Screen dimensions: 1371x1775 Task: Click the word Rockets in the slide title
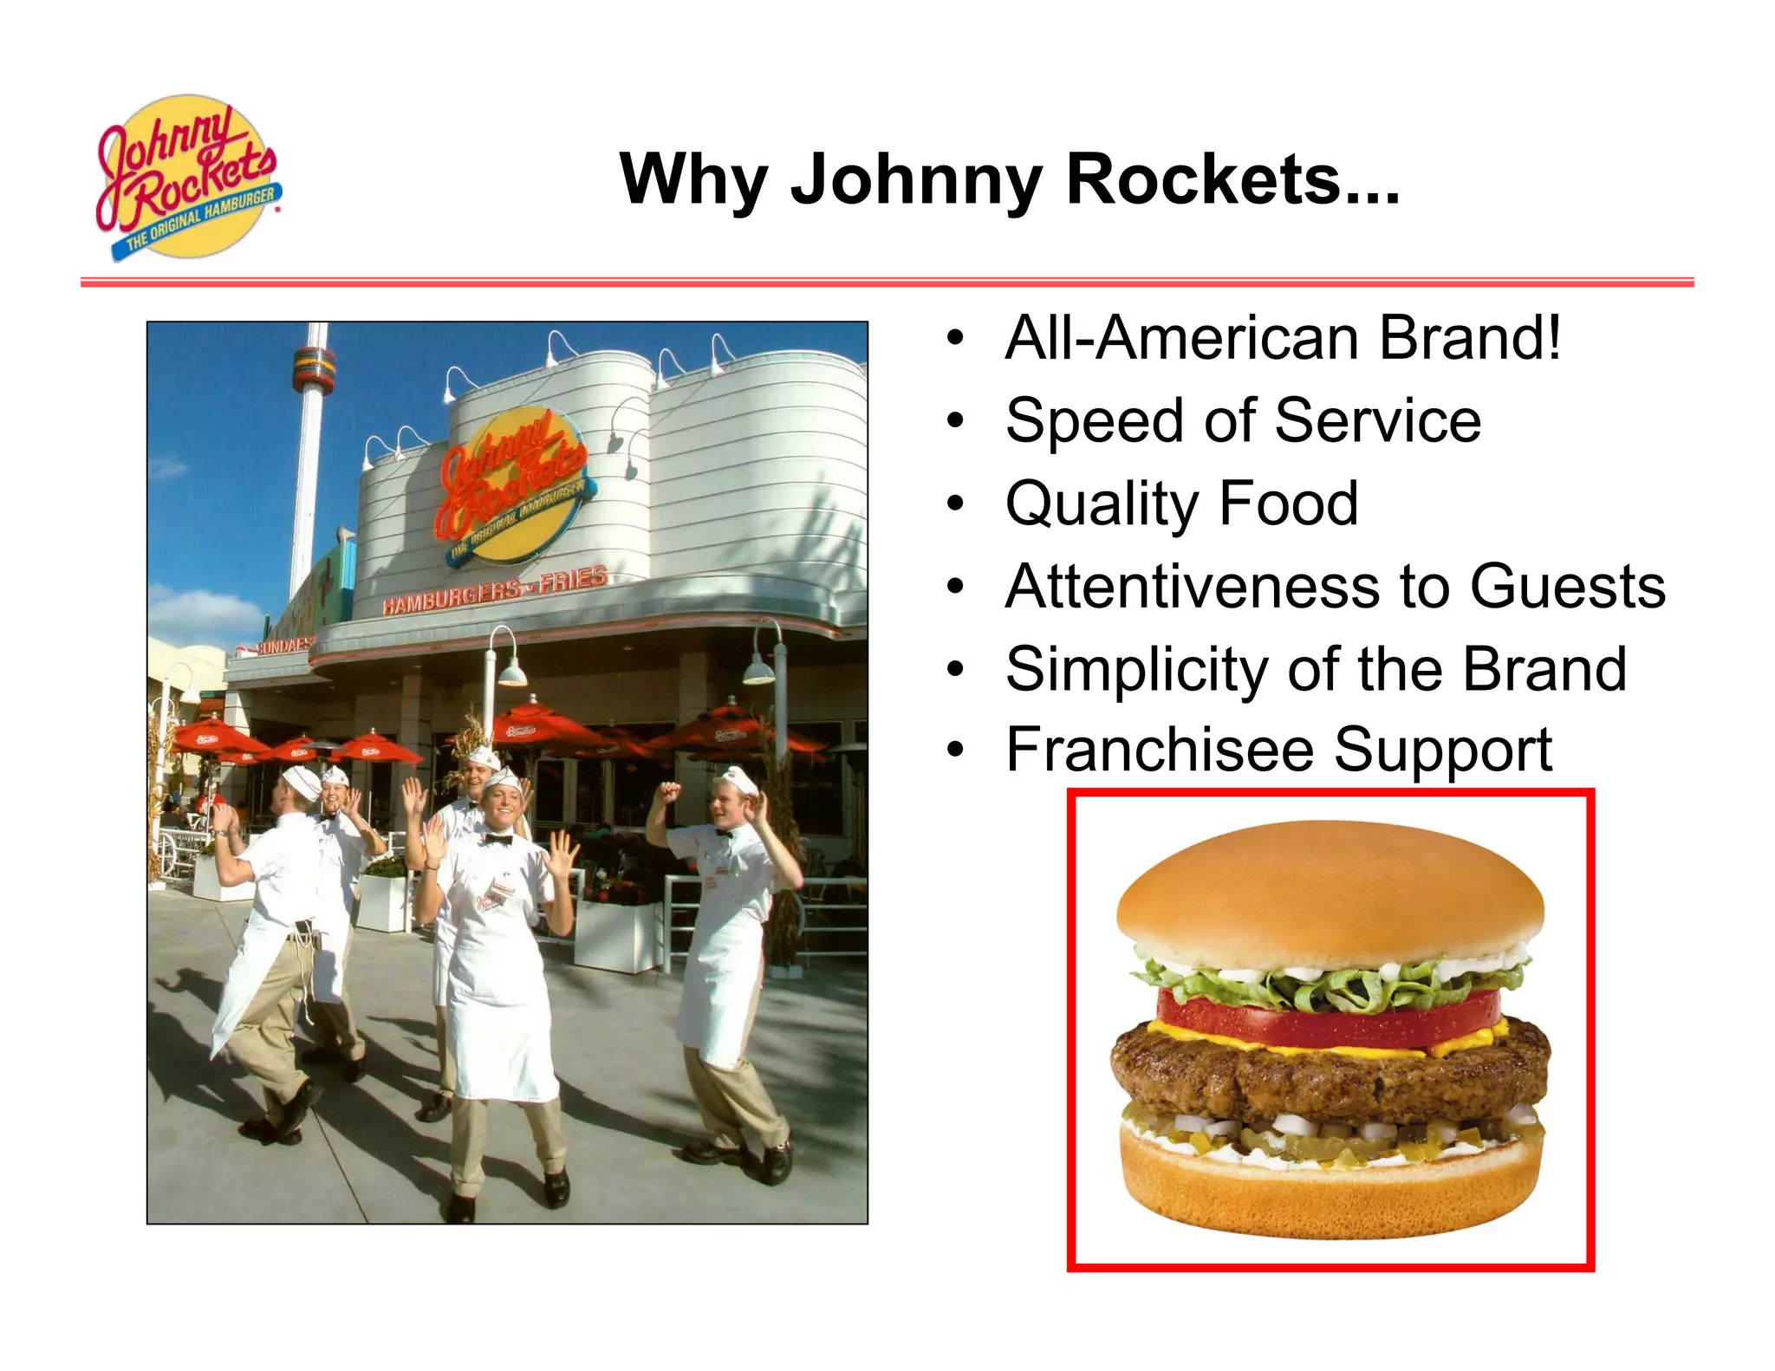[1232, 179]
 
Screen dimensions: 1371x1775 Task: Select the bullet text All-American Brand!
[1283, 338]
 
